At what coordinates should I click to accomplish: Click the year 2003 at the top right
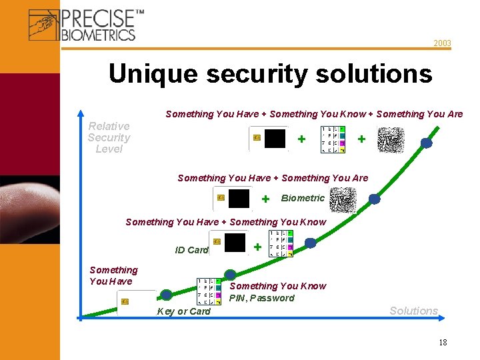442,43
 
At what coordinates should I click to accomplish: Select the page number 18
443,342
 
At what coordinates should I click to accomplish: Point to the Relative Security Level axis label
109,137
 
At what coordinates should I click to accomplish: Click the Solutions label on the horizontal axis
413,311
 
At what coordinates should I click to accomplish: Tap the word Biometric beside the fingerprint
303,198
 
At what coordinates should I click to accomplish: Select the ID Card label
191,250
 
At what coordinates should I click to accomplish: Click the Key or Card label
183,311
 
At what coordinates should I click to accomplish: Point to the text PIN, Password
261,298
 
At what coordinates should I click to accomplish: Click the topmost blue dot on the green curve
426,143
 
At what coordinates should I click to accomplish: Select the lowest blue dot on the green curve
166,295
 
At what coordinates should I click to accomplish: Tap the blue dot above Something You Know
230,274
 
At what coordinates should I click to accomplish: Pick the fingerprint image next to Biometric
343,199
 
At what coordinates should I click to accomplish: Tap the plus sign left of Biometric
265,199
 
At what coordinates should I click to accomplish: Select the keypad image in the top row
333,139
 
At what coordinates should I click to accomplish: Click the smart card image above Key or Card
136,302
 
